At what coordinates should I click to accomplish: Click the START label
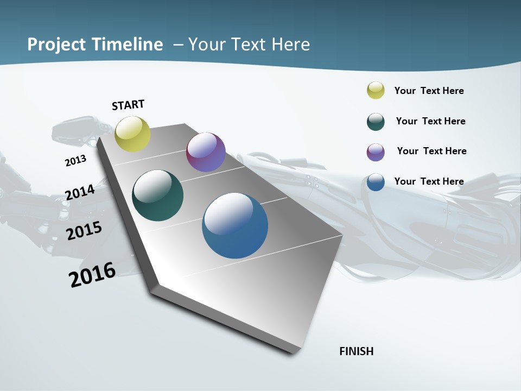point(128,105)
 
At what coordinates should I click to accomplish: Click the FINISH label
point(356,351)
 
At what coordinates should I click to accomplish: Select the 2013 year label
point(75,160)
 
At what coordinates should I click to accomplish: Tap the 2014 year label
point(80,192)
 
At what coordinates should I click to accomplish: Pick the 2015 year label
point(84,231)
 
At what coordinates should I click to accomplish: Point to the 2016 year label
point(92,274)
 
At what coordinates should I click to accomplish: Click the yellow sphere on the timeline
point(133,134)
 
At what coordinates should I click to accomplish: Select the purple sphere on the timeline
point(206,152)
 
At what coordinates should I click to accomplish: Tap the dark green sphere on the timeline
point(158,195)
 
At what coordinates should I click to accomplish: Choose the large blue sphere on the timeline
point(235,225)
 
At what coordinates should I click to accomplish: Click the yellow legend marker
point(376,91)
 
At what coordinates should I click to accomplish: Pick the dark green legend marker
point(376,122)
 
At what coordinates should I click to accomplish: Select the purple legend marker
point(376,152)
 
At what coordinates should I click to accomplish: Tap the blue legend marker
point(376,182)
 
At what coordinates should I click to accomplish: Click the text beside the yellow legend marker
point(429,91)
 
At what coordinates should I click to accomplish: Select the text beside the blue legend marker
point(429,181)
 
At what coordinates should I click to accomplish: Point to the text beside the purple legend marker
point(431,151)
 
